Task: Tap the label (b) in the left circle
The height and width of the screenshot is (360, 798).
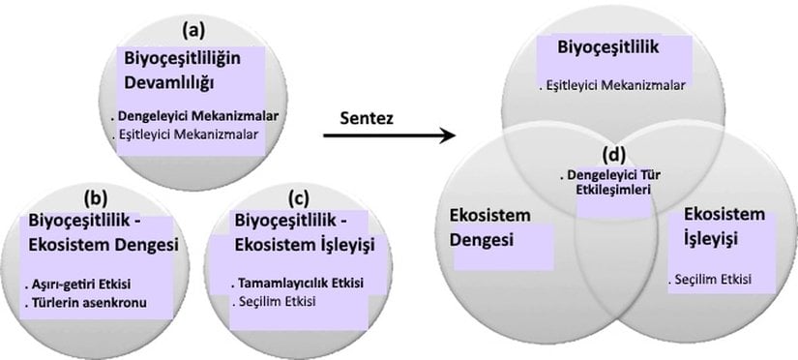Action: [x=98, y=198]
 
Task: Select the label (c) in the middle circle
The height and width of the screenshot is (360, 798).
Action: [x=300, y=198]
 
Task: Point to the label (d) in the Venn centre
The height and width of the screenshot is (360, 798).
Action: [x=610, y=156]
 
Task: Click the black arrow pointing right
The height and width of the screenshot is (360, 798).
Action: [x=388, y=135]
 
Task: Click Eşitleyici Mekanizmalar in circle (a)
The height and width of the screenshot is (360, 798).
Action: [x=191, y=134]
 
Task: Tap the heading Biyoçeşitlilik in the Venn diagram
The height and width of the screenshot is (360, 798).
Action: [x=606, y=46]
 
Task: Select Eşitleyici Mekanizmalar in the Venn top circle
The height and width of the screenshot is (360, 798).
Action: [x=613, y=85]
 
